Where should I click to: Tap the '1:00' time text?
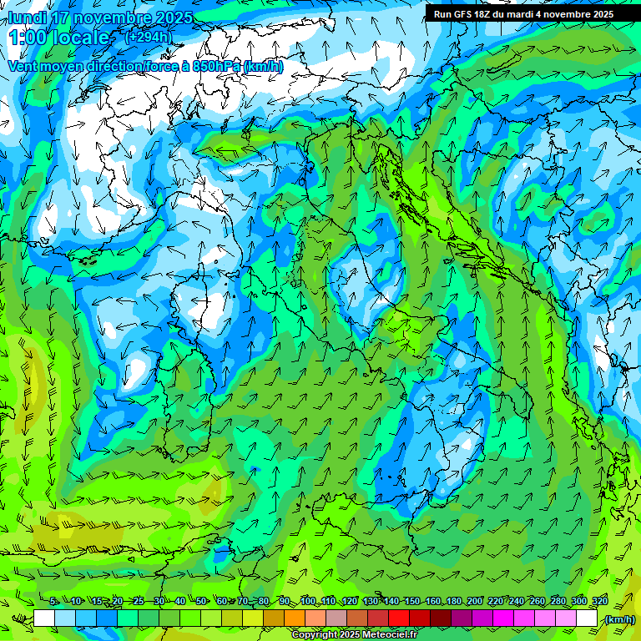click(x=28, y=38)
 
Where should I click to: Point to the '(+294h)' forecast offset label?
click(x=148, y=37)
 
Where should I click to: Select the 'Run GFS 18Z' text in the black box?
click(x=467, y=14)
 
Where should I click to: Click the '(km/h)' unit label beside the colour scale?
click(x=618, y=619)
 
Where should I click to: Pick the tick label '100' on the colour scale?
click(x=309, y=602)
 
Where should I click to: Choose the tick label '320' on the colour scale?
click(x=598, y=602)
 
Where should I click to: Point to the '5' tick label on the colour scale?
click(x=53, y=602)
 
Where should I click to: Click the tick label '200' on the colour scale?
click(x=475, y=602)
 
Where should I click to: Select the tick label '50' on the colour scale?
click(x=201, y=602)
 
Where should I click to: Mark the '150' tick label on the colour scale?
click(x=412, y=602)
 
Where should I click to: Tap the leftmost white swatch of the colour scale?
click(x=44, y=618)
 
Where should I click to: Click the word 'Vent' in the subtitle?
click(x=24, y=66)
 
